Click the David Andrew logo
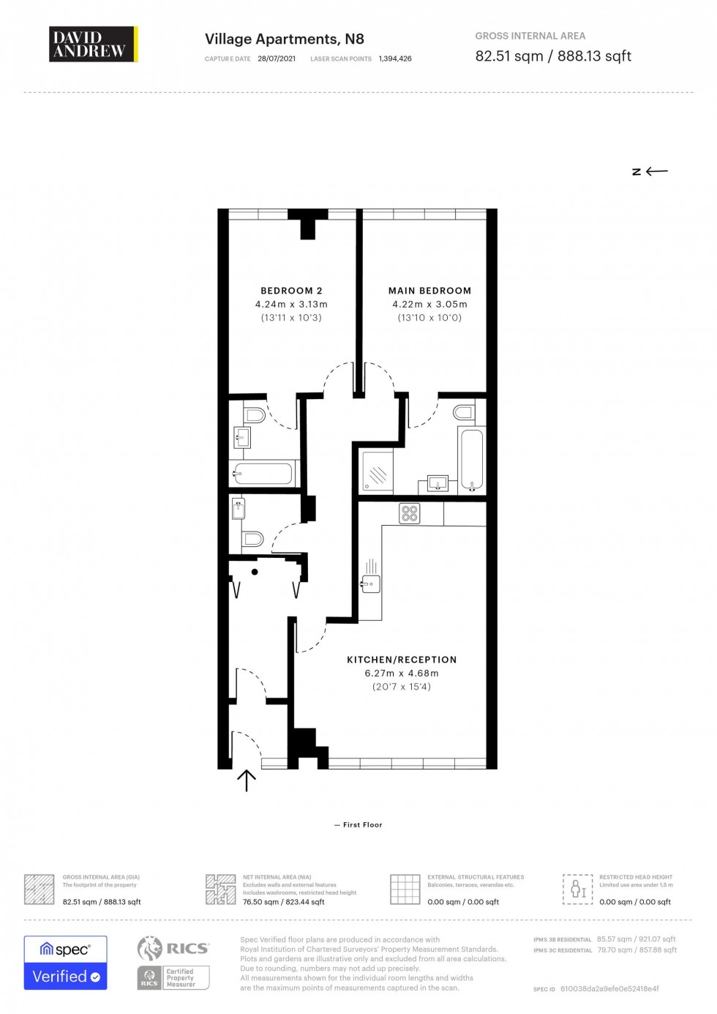pos(93,44)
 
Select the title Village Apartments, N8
pos(284,40)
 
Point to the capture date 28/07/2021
pos(277,59)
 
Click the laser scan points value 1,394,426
pos(395,59)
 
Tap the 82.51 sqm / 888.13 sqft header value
pos(552,56)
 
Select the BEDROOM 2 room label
pos(291,291)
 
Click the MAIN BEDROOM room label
pos(429,291)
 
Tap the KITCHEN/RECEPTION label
pos(402,660)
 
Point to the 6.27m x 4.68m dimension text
pos(402,674)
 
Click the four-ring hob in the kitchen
pos(410,513)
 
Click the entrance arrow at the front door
pos(247,781)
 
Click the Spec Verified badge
pos(65,963)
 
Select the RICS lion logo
pos(150,948)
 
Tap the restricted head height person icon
pos(577,889)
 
